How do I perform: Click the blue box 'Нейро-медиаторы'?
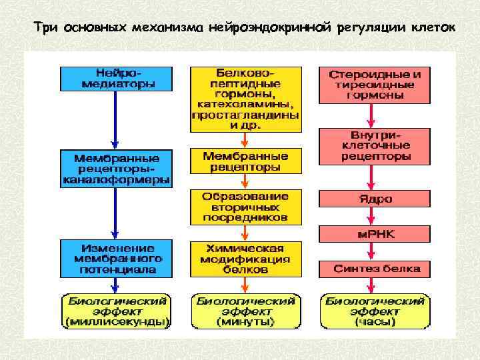click(115, 78)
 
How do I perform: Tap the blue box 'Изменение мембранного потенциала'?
click(115, 258)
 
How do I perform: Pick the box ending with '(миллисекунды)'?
click(115, 311)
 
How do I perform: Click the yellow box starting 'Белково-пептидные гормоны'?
click(245, 99)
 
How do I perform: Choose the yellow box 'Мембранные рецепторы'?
click(245, 161)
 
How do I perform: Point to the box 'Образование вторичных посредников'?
click(245, 207)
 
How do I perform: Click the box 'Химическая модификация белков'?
click(245, 259)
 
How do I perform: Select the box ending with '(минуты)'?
click(245, 311)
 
